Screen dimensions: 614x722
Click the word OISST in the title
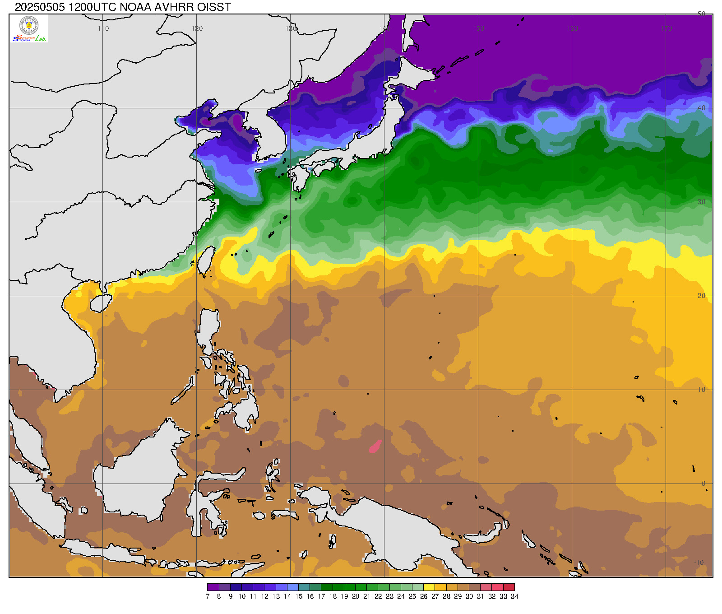click(215, 7)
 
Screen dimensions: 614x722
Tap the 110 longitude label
click(103, 28)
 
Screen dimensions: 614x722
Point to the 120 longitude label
click(197, 28)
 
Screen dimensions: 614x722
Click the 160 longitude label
click(573, 28)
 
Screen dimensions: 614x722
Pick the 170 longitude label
click(666, 28)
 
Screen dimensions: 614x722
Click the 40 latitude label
click(701, 108)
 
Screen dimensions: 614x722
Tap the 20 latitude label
click(701, 296)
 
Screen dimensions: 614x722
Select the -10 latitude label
click(699, 563)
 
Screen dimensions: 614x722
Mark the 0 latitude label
click(703, 484)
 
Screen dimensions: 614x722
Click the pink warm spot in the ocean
click(375, 447)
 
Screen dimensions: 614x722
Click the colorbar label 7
click(208, 596)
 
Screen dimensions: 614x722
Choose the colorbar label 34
click(515, 596)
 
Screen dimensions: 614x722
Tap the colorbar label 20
click(356, 596)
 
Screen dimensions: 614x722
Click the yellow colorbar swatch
click(429, 587)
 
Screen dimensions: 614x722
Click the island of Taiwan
click(206, 261)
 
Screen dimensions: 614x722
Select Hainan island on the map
click(101, 303)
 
